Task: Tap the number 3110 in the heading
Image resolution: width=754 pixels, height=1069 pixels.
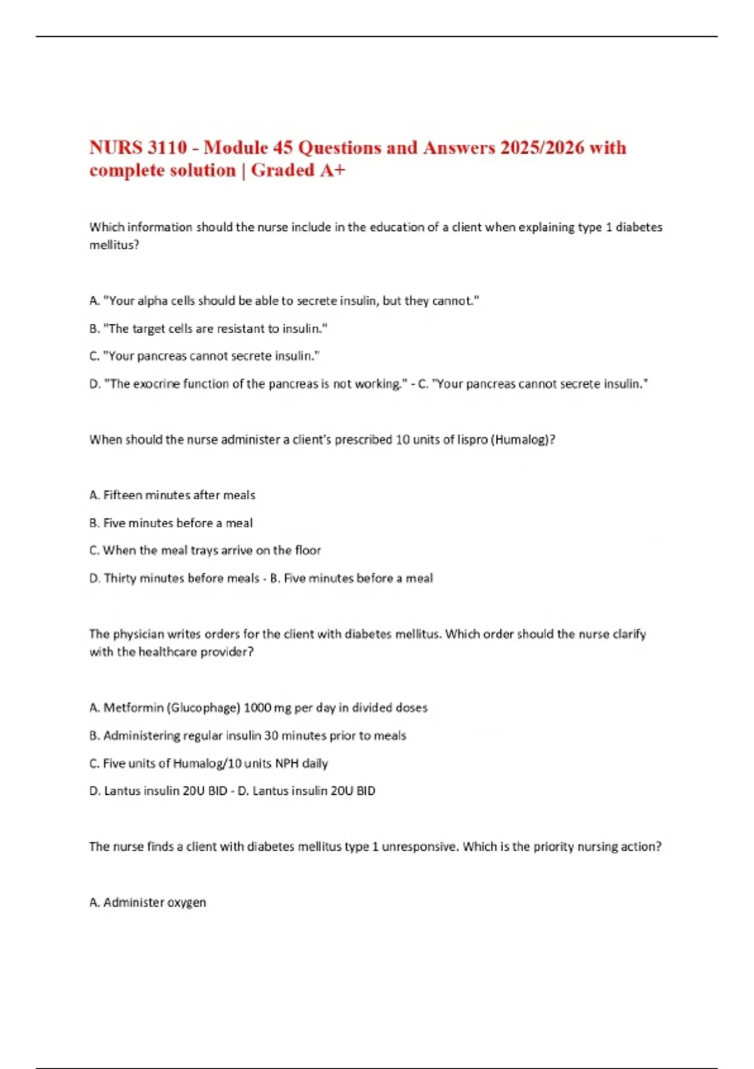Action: tap(167, 148)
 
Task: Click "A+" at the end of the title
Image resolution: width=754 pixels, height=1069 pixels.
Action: tap(332, 170)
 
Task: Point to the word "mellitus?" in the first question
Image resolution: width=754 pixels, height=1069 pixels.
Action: tap(114, 245)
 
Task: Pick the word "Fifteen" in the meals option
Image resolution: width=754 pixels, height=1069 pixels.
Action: tap(123, 496)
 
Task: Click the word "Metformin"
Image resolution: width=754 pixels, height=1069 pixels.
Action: tap(133, 708)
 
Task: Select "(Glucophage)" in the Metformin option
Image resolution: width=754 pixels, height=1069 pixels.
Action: tap(204, 708)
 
